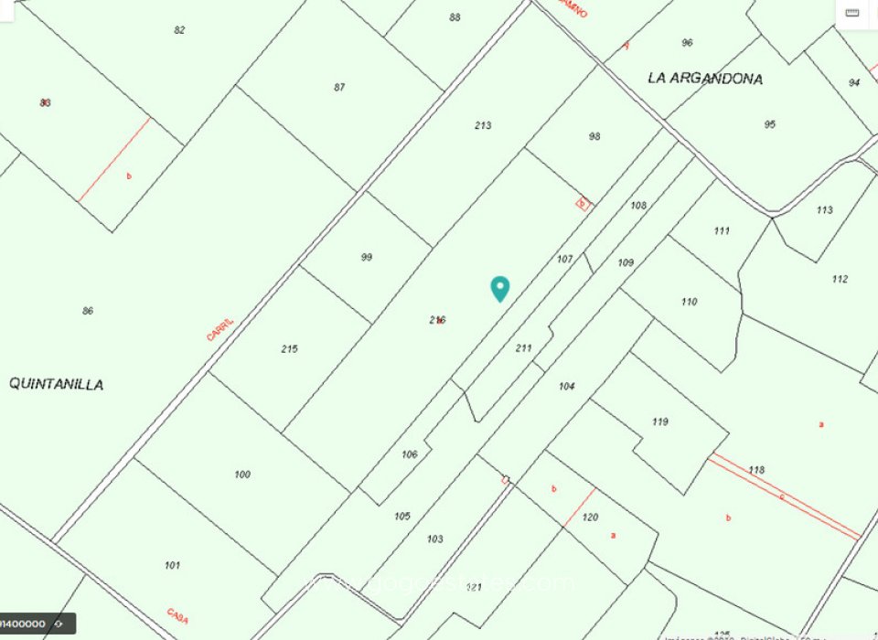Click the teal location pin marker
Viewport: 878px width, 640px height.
499,287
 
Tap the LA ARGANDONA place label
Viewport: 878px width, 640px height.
704,79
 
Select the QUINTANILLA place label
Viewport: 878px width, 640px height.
56,384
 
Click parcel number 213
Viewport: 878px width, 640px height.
483,125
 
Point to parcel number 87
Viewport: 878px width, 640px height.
339,87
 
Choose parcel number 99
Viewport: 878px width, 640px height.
366,257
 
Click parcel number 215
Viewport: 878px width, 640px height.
289,348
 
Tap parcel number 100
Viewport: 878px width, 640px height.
241,474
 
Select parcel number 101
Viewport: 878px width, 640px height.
172,565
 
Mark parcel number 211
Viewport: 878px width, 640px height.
523,347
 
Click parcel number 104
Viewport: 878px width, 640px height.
566,386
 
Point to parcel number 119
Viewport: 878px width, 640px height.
659,421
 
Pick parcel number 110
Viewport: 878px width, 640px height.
689,301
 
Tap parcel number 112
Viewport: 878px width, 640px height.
840,279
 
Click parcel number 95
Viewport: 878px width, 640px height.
769,124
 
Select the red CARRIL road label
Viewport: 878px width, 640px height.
219,329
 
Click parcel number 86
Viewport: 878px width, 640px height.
88,311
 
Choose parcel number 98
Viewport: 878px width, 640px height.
594,136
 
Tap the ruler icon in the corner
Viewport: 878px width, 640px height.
852,12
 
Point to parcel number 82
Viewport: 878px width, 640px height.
179,30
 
